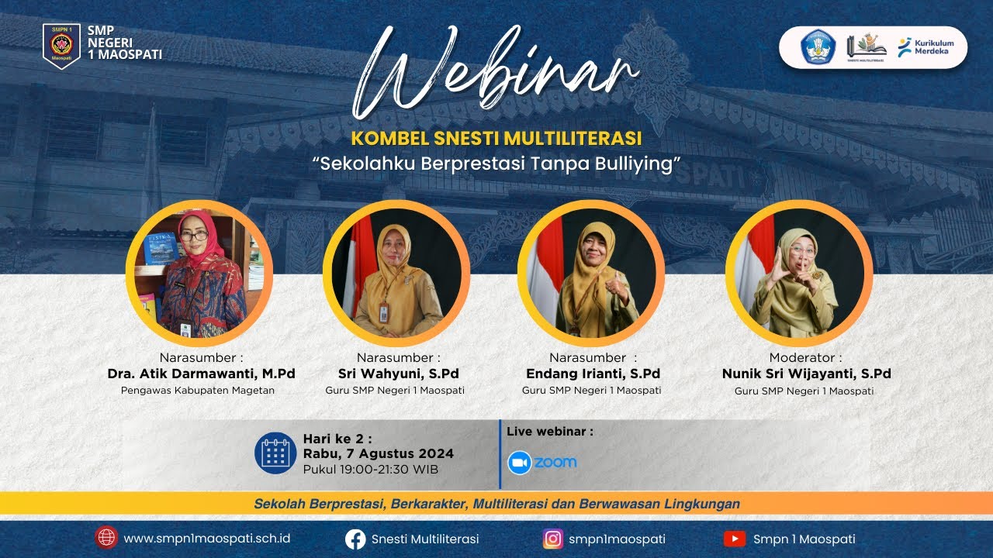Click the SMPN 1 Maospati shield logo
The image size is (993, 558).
pos(61,46)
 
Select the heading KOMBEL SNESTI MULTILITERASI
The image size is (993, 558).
pos(496,139)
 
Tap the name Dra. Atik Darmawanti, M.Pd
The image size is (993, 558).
pos(201,374)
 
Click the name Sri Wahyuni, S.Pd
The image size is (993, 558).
pos(398,374)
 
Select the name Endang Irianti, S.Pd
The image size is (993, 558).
pos(593,374)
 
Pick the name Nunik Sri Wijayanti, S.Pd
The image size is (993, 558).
pos(806,374)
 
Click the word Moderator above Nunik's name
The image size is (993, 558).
pos(804,357)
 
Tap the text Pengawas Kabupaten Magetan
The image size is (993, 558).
pos(198,391)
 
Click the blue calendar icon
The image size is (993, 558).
pos(275,453)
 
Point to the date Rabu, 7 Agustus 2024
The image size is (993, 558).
pos(379,454)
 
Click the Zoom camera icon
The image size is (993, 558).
pos(519,463)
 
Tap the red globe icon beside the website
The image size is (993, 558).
pos(106,538)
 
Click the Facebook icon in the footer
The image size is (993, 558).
pos(355,539)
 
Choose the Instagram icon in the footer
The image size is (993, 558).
pos(553,539)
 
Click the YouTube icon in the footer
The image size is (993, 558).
pos(734,539)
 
